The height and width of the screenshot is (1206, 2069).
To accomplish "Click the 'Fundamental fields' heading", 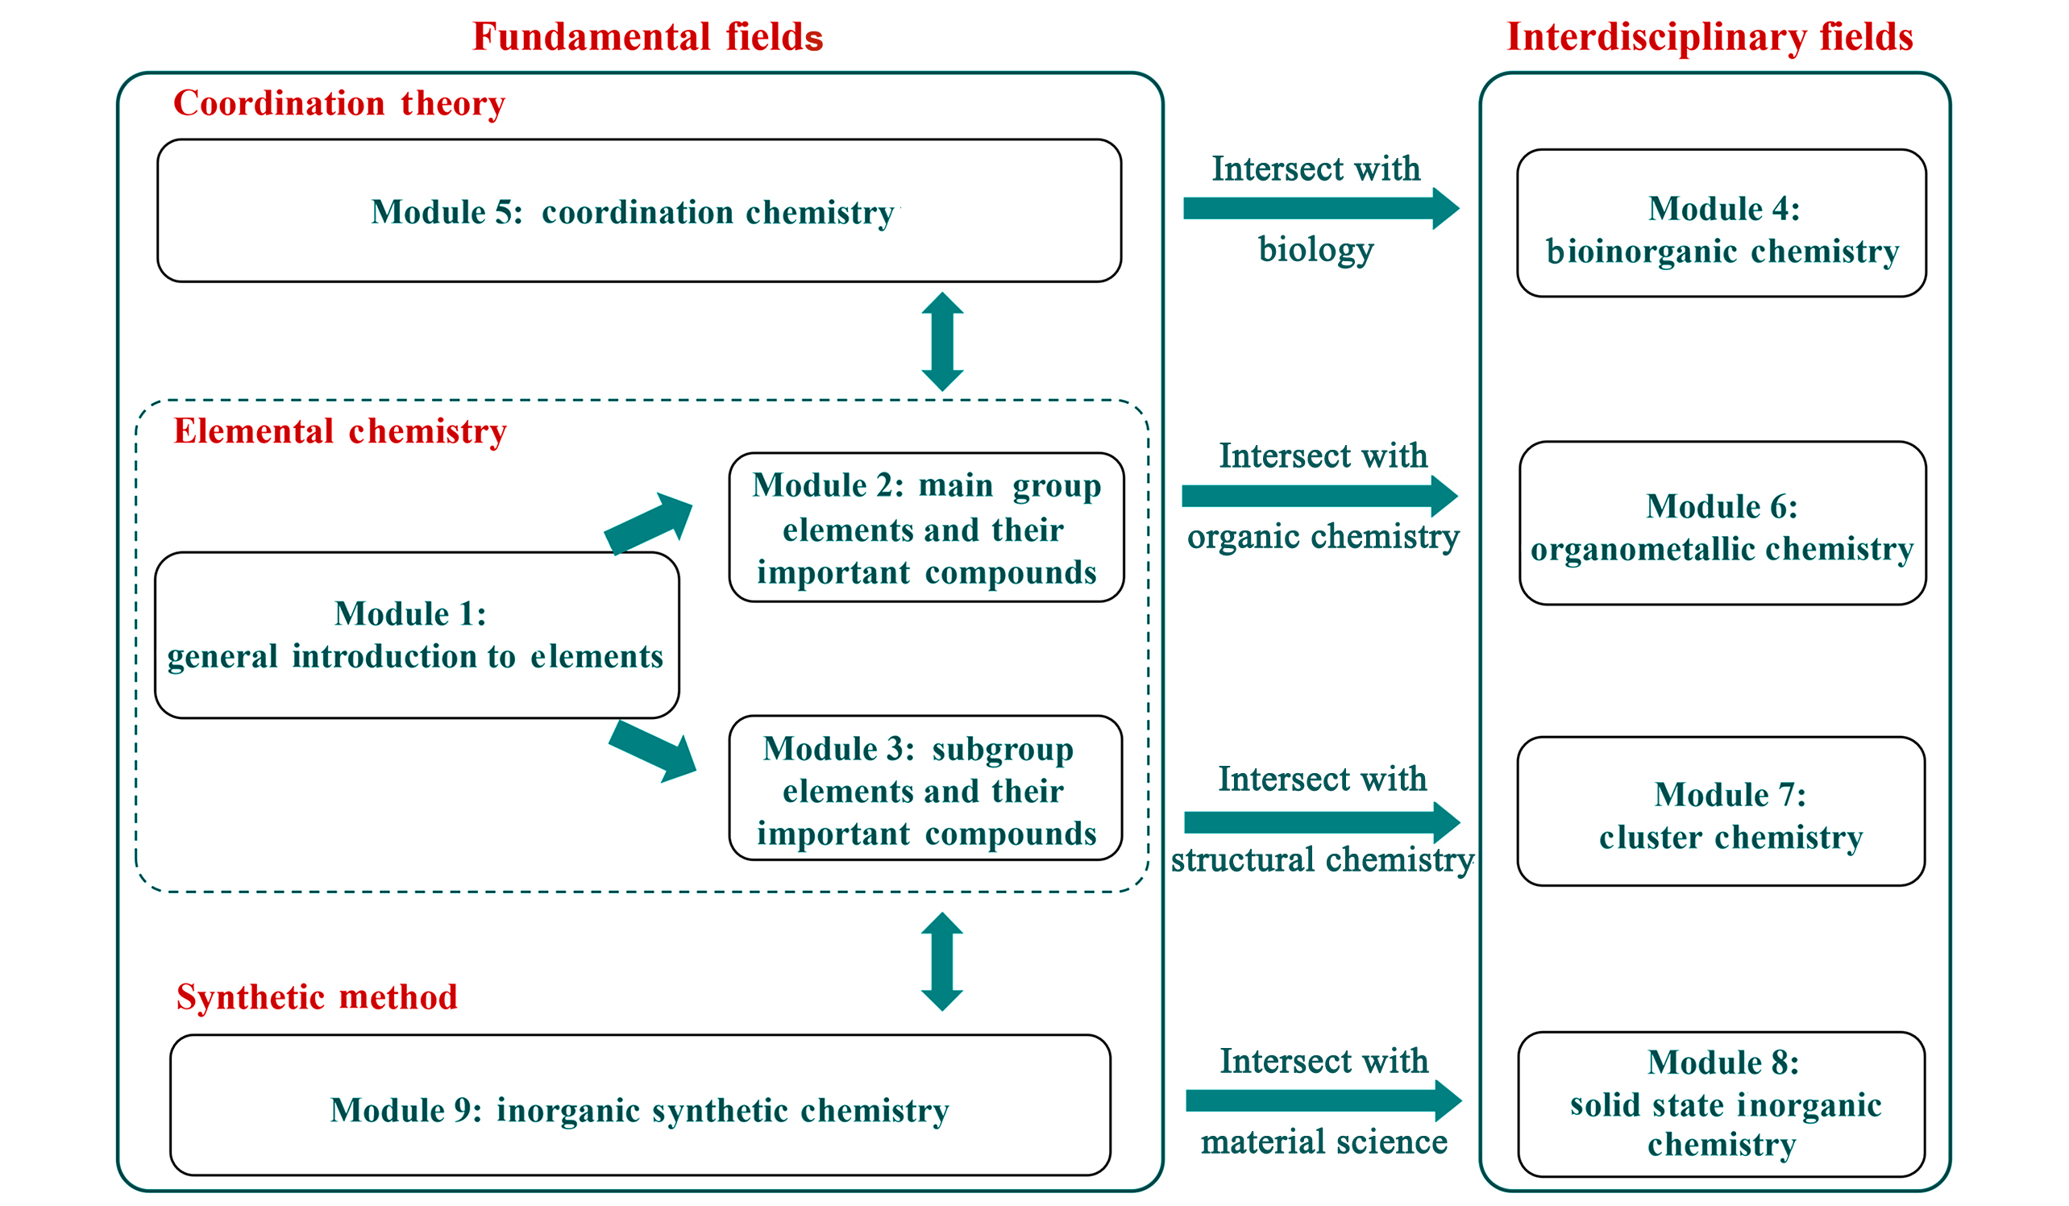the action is (648, 37).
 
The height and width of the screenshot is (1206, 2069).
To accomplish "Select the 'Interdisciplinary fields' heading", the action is (1710, 38).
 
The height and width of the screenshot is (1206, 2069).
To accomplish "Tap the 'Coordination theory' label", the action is (339, 104).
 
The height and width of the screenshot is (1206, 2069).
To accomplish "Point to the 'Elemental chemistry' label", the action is (340, 432).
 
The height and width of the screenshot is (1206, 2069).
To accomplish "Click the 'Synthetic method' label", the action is (317, 997).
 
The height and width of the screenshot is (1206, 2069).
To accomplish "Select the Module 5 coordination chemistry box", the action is (640, 211).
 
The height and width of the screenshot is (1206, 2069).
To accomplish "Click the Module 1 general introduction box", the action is (417, 635).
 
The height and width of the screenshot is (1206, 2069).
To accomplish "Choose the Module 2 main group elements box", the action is (927, 528).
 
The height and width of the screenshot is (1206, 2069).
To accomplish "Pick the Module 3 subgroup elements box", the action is (926, 789).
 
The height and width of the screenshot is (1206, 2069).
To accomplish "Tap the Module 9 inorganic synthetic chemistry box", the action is (641, 1105).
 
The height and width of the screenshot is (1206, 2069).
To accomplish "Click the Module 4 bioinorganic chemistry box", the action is (1722, 223).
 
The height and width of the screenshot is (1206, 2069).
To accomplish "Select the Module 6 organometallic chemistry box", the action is (1722, 524).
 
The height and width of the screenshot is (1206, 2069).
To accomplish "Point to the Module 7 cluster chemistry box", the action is (1722, 812).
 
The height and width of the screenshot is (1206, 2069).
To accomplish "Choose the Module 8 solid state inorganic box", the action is (1722, 1104).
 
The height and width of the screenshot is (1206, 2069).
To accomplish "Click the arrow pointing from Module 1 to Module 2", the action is (649, 524).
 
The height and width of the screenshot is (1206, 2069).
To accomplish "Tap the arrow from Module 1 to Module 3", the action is (653, 751).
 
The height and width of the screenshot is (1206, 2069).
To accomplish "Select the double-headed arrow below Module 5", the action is (942, 342).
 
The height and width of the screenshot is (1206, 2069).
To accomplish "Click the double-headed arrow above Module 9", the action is (942, 962).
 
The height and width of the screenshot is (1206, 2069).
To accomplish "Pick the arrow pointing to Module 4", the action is (1322, 209).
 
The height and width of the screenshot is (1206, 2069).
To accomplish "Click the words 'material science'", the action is (1323, 1142).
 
